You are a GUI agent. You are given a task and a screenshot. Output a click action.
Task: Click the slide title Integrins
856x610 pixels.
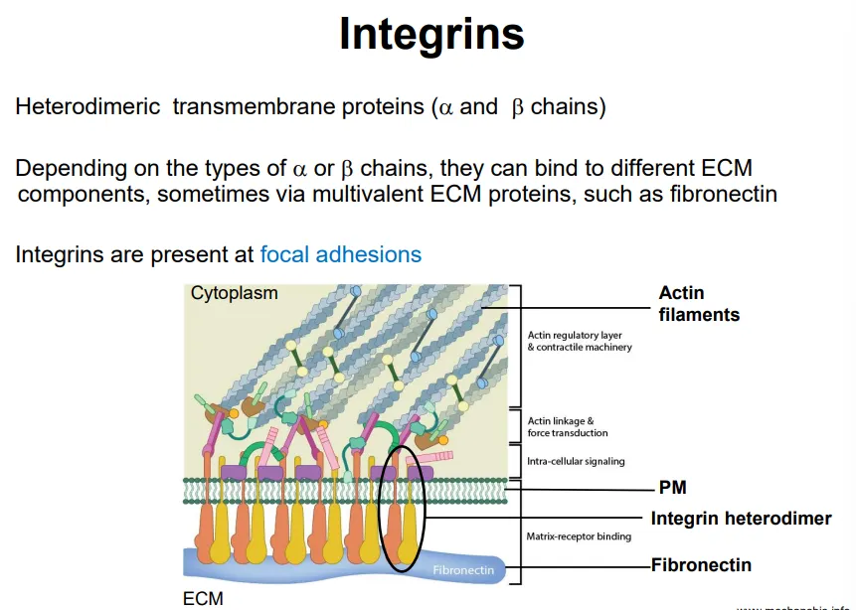pyautogui.click(x=431, y=35)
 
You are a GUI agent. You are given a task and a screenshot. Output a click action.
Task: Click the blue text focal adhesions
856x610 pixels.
pyautogui.click(x=340, y=255)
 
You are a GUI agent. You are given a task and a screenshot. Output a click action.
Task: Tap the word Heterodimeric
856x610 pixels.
pyautogui.click(x=87, y=107)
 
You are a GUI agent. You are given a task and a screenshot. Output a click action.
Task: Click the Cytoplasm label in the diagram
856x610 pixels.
pyautogui.click(x=234, y=294)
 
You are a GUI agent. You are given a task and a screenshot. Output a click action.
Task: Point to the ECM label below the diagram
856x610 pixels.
pyautogui.click(x=203, y=599)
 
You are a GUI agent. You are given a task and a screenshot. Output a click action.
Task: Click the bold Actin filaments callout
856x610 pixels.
pyautogui.click(x=699, y=304)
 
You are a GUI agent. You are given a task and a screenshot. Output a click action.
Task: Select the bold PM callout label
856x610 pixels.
pyautogui.click(x=672, y=488)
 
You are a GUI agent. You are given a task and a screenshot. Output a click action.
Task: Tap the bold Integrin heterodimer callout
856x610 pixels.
pyautogui.click(x=741, y=519)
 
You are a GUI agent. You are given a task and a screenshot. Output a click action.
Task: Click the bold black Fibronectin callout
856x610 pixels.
pyautogui.click(x=701, y=565)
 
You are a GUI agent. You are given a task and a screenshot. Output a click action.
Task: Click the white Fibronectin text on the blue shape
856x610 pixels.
pyautogui.click(x=462, y=570)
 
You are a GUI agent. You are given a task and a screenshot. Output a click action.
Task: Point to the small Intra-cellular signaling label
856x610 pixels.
pyautogui.click(x=576, y=461)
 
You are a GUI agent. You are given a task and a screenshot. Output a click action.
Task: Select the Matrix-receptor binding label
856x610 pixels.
pyautogui.click(x=579, y=537)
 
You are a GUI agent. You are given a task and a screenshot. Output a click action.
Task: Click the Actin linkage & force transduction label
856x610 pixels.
pyautogui.click(x=568, y=427)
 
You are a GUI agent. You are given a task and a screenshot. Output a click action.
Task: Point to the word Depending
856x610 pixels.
pyautogui.click(x=71, y=169)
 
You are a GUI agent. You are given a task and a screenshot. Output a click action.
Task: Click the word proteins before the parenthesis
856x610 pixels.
pyautogui.click(x=388, y=107)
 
